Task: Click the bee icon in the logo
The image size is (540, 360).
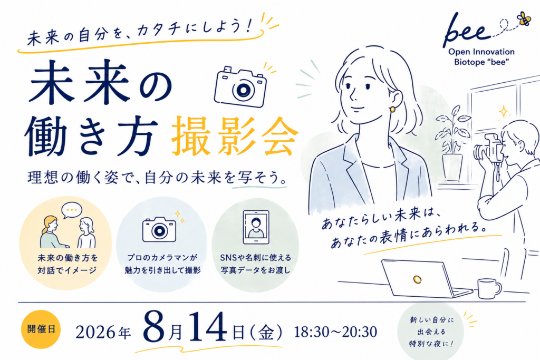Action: (x=524, y=18)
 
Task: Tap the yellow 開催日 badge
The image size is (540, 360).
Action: (x=41, y=329)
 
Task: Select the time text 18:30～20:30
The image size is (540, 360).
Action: (x=335, y=332)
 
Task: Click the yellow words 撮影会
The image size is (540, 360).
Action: (x=235, y=137)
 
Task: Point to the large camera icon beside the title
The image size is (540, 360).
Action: (x=240, y=87)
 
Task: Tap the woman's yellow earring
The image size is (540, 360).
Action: (x=392, y=109)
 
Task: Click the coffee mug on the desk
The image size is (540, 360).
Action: (x=489, y=288)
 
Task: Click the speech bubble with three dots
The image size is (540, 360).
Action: (x=72, y=210)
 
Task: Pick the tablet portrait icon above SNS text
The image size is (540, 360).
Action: (x=256, y=228)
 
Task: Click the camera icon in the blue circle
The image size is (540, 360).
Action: (x=159, y=229)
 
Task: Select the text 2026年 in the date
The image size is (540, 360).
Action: (x=103, y=333)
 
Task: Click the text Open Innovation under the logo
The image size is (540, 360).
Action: (x=481, y=52)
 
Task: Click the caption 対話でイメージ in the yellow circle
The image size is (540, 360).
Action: (x=67, y=270)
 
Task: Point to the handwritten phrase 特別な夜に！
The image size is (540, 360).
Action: (x=431, y=344)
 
